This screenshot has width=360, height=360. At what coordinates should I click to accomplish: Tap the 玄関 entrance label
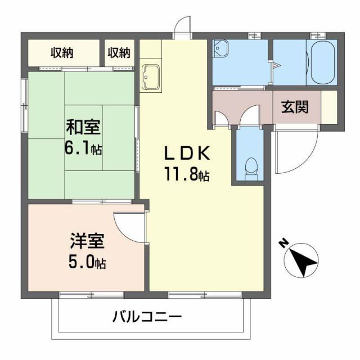(x=294, y=106)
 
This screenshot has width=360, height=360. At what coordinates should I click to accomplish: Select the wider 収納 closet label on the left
(x=64, y=53)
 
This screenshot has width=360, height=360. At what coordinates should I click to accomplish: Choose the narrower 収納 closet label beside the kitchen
(x=119, y=53)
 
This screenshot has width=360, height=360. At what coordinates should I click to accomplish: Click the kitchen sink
(x=150, y=76)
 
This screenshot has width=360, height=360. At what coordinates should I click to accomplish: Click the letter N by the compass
(x=284, y=244)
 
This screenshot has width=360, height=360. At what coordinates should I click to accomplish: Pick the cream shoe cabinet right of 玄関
(x=328, y=106)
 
